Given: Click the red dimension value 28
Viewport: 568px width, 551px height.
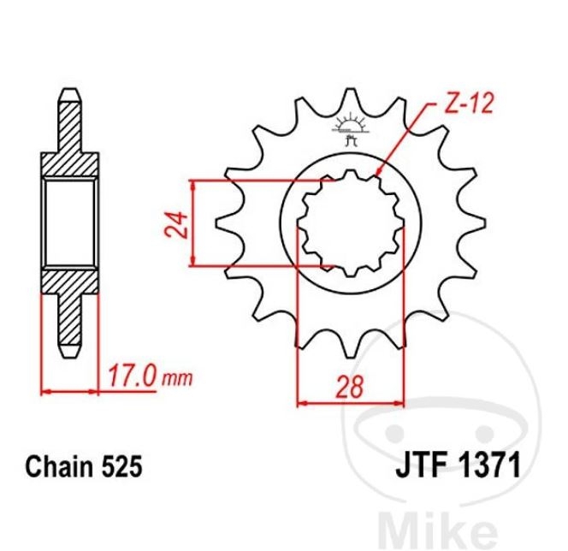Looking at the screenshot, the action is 350,387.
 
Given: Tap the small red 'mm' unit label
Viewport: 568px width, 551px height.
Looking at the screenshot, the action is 177,379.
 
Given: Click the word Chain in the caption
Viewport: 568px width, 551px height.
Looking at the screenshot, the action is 59,466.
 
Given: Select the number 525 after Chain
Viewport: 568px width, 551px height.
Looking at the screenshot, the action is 121,466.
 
